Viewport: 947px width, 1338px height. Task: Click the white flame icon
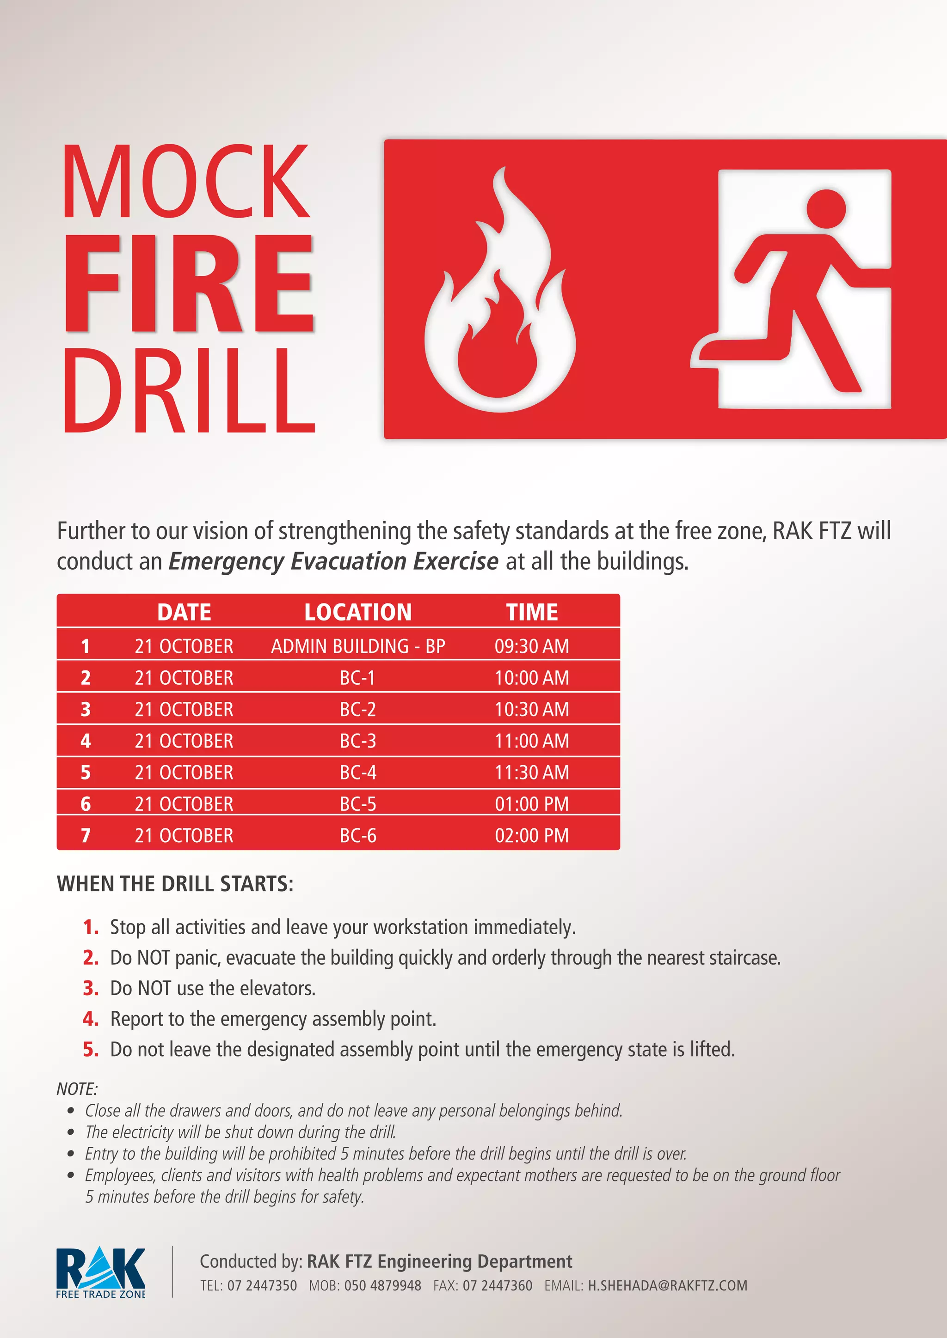500,290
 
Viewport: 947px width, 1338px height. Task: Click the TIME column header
532,612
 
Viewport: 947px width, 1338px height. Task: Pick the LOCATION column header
358,612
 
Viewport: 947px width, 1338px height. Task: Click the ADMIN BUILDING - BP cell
358,646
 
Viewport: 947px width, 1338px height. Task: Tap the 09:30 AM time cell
532,646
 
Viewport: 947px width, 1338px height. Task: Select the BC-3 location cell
358,741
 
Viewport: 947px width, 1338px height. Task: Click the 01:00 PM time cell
532,803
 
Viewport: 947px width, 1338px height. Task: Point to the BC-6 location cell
358,835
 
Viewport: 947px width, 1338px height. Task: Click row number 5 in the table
86,772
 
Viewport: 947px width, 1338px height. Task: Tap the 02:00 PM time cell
532,835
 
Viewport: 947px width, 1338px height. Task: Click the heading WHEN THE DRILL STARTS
175,883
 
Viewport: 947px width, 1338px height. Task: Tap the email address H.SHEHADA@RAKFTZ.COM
668,1285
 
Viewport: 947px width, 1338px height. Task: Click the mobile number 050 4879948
382,1285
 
